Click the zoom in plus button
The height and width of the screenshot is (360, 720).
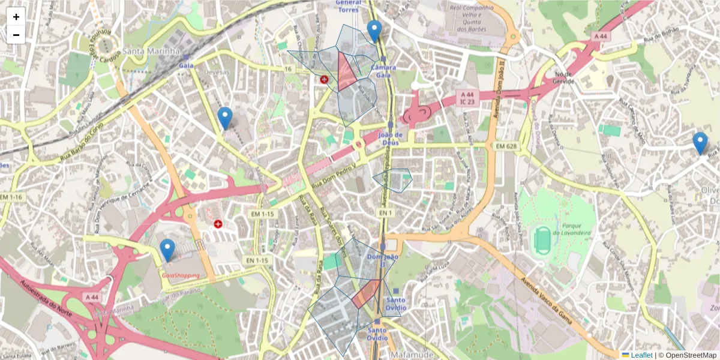point(16,17)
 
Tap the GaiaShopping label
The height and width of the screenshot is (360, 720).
point(181,275)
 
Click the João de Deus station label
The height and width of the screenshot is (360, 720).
point(390,139)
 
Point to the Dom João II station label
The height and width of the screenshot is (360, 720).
point(382,260)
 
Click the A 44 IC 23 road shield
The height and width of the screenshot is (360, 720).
point(467,98)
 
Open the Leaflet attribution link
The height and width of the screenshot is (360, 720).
point(641,355)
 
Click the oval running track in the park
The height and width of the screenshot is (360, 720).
point(542,241)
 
